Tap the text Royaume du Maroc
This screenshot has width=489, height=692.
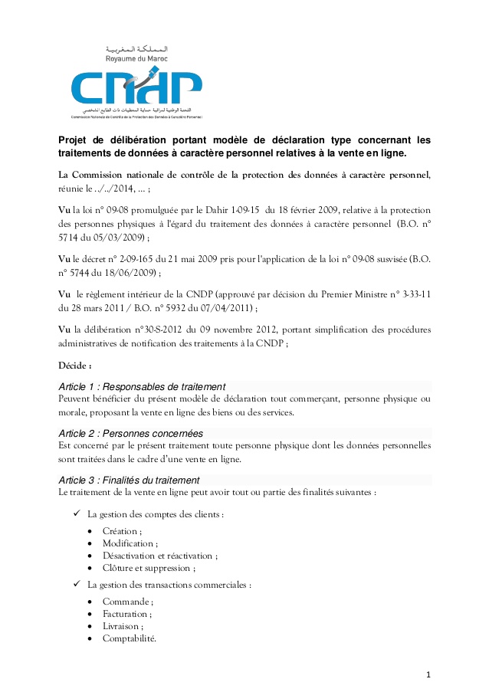click(136, 58)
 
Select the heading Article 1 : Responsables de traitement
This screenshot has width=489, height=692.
click(142, 385)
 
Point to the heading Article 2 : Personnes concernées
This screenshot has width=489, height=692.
click(131, 434)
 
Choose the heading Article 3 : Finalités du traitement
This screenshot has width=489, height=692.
click(130, 480)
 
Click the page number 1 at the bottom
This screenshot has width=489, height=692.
click(429, 674)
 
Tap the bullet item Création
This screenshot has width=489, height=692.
click(121, 531)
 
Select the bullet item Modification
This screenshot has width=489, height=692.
click(128, 543)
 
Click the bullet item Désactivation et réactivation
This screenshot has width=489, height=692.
click(159, 556)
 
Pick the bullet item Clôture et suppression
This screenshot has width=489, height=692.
click(148, 568)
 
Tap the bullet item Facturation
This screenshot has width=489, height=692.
click(126, 614)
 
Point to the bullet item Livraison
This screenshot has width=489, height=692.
click(123, 626)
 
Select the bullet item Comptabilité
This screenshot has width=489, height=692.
click(130, 638)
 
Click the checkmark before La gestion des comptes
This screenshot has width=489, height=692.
click(77, 513)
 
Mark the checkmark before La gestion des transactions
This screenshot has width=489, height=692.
click(77, 585)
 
